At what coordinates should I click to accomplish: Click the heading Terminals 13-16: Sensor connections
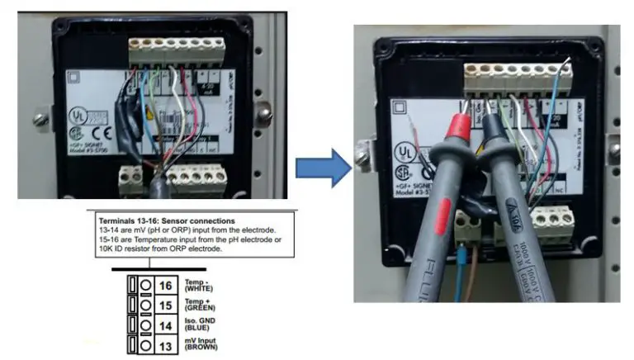pyautogui.click(x=165, y=222)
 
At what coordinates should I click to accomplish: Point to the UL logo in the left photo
pyautogui.click(x=78, y=113)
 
